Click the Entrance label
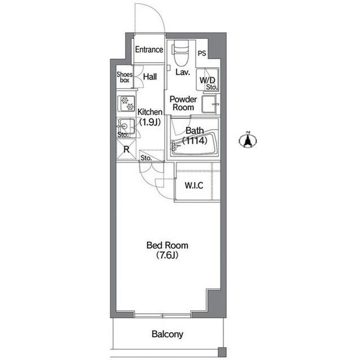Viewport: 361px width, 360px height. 149,50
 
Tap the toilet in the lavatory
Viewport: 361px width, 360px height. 180,53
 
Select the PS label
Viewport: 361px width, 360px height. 202,54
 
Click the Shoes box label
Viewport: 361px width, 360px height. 125,77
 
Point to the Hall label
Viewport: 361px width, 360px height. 150,77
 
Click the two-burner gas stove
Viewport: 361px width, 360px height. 126,104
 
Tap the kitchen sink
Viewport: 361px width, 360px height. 126,126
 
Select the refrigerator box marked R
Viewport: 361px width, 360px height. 126,150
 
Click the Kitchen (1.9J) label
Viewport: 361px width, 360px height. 150,117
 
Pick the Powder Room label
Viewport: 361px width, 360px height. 183,104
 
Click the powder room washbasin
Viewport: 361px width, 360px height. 209,104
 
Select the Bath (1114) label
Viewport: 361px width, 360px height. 195,136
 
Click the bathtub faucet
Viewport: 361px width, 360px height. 174,145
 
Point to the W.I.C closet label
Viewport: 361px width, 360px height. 194,185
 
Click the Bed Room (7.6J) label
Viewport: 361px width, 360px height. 168,250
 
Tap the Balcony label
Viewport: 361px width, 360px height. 168,334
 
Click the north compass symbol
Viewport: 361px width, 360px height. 248,140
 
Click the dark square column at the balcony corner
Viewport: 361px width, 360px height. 222,352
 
